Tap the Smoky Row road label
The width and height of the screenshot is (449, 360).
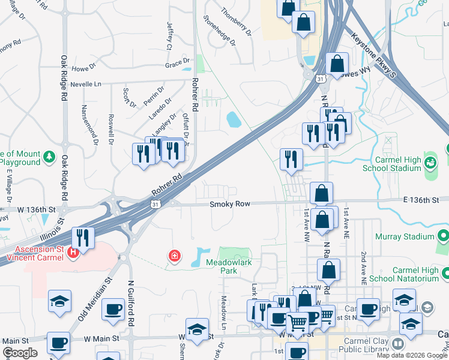229,204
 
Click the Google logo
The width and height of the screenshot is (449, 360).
20,353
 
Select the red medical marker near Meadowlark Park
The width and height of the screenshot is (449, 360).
175,256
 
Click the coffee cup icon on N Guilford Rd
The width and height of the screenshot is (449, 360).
113,310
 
